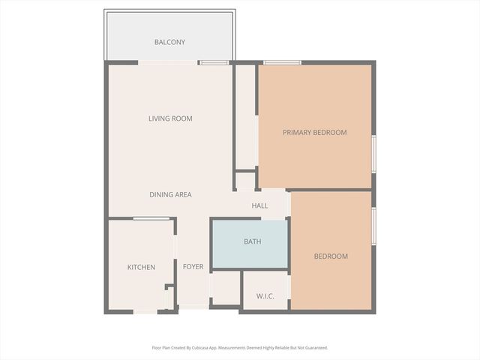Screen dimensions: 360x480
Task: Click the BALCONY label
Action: click(169, 42)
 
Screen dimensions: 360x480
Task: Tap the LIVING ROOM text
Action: click(170, 118)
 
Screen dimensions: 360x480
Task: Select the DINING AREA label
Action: click(170, 195)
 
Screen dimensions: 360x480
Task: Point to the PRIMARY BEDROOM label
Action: click(314, 133)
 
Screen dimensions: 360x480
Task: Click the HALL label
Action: click(259, 205)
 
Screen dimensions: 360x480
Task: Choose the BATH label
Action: click(252, 241)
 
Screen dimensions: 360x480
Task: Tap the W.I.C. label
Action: click(265, 296)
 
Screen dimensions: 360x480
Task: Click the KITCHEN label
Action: click(141, 267)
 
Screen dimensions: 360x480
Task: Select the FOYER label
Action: click(193, 267)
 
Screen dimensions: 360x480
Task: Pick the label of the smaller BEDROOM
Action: click(331, 256)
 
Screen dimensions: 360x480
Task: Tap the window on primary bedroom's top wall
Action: click(283, 62)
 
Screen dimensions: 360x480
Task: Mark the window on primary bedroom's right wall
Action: click(373, 154)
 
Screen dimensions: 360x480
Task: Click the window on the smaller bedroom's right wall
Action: click(373, 226)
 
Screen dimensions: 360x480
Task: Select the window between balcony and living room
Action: click(214, 62)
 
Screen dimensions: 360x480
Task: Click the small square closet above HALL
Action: click(245, 181)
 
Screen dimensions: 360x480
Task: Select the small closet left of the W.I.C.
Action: click(225, 288)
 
